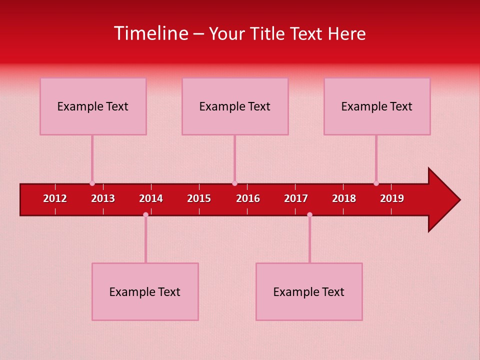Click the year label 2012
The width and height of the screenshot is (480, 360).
pos(55,198)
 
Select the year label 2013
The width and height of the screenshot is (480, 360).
pos(103,198)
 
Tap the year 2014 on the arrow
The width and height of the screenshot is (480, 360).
pos(151,198)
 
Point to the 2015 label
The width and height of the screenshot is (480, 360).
pos(199,198)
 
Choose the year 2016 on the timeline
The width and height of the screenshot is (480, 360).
pos(248,198)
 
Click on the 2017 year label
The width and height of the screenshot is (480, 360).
pos(296,198)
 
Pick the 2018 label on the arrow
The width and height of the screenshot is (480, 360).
pos(344,198)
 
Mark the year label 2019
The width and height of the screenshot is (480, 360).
pos(392,198)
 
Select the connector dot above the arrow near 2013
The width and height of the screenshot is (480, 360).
pos(92,183)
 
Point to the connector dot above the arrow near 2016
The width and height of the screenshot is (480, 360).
pos(234,183)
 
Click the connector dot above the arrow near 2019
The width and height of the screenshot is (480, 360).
pos(376,183)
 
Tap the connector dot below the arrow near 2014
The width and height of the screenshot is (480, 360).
pos(145,214)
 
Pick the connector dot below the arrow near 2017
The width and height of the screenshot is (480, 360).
pos(309,214)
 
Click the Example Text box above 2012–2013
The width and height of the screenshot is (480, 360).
pos(93,106)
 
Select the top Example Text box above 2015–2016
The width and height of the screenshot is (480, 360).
pos(235,106)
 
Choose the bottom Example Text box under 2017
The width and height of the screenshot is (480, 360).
pos(309,291)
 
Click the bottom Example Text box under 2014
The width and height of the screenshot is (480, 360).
pos(145,291)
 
